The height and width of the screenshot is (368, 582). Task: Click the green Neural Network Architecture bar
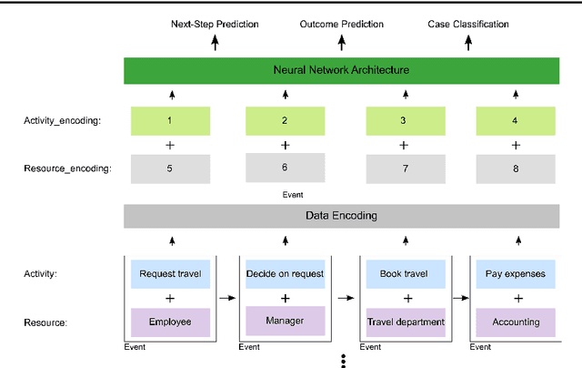(341, 70)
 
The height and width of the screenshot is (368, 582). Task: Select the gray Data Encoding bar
(341, 216)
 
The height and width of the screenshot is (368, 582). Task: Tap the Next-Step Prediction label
(215, 23)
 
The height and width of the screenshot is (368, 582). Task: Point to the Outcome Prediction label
(342, 23)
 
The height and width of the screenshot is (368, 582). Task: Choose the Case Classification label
(468, 23)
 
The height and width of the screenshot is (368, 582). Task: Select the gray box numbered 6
(285, 168)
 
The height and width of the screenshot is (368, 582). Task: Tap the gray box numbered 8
(516, 169)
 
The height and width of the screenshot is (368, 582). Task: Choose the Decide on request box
(285, 273)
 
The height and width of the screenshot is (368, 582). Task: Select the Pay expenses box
(516, 273)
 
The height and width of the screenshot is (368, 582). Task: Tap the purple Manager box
(285, 320)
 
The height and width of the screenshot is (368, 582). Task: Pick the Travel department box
(405, 322)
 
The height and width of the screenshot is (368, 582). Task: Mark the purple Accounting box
(516, 322)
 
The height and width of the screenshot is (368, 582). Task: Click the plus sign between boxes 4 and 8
(516, 145)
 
